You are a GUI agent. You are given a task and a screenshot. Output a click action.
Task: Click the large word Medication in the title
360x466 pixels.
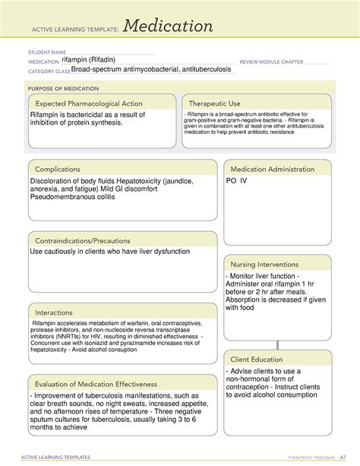tap(169, 27)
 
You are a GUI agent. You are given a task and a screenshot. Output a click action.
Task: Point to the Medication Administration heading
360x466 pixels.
tap(272, 169)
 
